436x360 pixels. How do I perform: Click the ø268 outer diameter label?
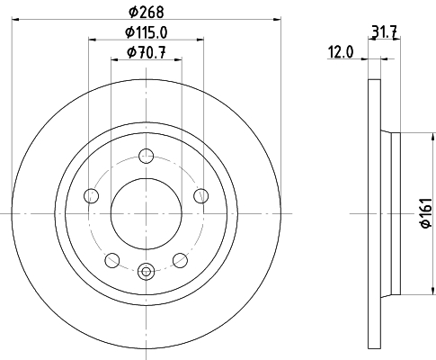(147, 12)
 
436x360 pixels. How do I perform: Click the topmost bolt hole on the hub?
(146, 156)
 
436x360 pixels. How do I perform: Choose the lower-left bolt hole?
(111, 260)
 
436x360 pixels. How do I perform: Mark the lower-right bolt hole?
(180, 260)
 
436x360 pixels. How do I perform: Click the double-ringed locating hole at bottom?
(146, 267)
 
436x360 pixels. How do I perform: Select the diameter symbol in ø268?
(131, 12)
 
